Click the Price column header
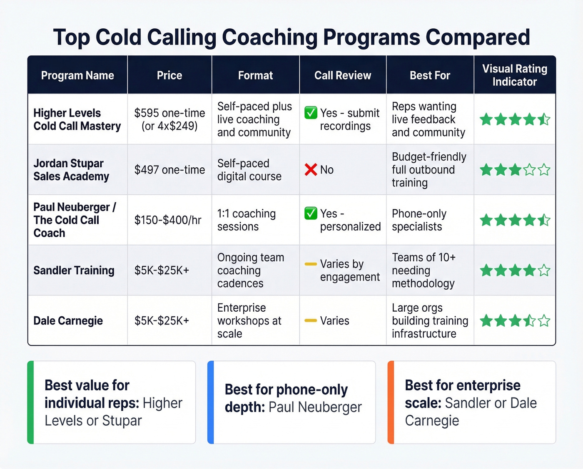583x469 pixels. [x=169, y=75]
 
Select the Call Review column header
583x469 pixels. [x=342, y=75]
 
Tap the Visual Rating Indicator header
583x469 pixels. [x=514, y=75]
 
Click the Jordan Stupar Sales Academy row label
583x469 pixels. [x=71, y=170]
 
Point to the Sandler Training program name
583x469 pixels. [x=74, y=270]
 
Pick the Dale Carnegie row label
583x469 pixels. [x=68, y=321]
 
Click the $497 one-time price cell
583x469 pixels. [x=169, y=170]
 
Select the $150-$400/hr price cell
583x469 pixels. [x=168, y=220]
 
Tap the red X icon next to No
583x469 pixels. [x=311, y=170]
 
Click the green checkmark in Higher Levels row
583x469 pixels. [x=311, y=113]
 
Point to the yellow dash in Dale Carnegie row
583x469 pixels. [x=311, y=320]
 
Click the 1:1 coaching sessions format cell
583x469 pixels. [x=246, y=220]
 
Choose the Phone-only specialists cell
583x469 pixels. [x=419, y=220]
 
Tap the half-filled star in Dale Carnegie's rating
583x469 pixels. [x=529, y=321]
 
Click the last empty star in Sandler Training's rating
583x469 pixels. [x=544, y=270]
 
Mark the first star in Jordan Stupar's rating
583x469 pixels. [x=486, y=170]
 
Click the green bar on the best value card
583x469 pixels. [x=30, y=402]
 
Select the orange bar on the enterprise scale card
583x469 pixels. [x=391, y=402]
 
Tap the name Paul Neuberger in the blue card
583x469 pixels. [x=315, y=407]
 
